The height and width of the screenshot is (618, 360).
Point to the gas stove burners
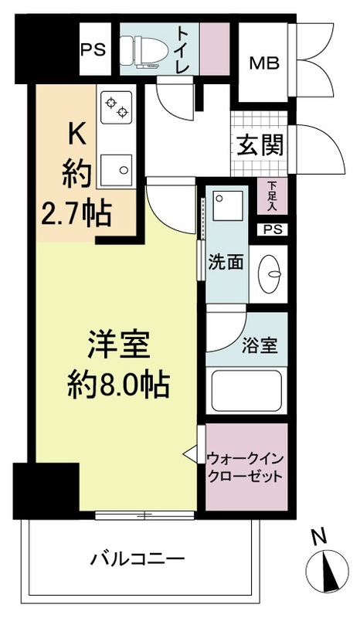tap(116, 107)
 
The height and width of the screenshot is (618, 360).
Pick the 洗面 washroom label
tap(226, 262)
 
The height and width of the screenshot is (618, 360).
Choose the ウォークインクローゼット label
tap(246, 466)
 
